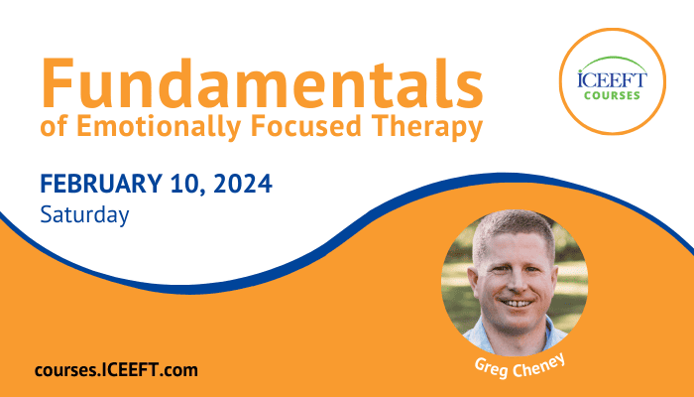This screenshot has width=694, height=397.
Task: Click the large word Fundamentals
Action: tap(262, 82)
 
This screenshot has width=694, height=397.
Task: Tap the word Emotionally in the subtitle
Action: tap(158, 126)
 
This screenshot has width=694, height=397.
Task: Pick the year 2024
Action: tap(243, 184)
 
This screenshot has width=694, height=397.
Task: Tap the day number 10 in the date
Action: tap(183, 184)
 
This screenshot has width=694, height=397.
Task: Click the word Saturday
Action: tap(84, 215)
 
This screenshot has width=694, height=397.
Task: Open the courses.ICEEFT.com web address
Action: tap(116, 370)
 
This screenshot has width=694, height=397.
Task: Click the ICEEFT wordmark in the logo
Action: tap(612, 80)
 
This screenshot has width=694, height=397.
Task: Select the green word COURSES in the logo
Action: tap(612, 95)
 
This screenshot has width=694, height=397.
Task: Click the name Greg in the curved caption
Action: tap(491, 368)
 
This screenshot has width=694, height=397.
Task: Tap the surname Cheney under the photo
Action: tap(538, 365)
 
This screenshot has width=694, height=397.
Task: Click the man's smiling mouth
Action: tap(517, 304)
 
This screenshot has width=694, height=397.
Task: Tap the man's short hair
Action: tap(513, 227)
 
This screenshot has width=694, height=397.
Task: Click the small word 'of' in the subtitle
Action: tap(54, 126)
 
